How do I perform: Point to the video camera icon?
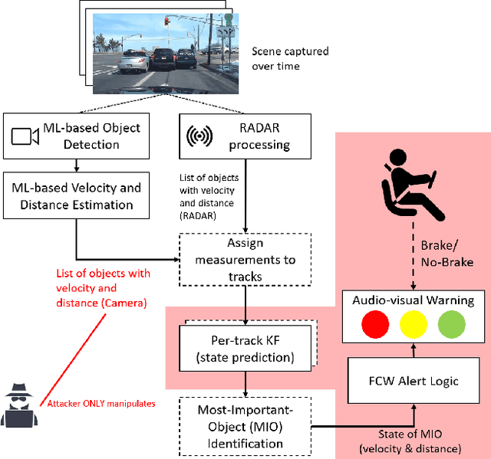[25, 136]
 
